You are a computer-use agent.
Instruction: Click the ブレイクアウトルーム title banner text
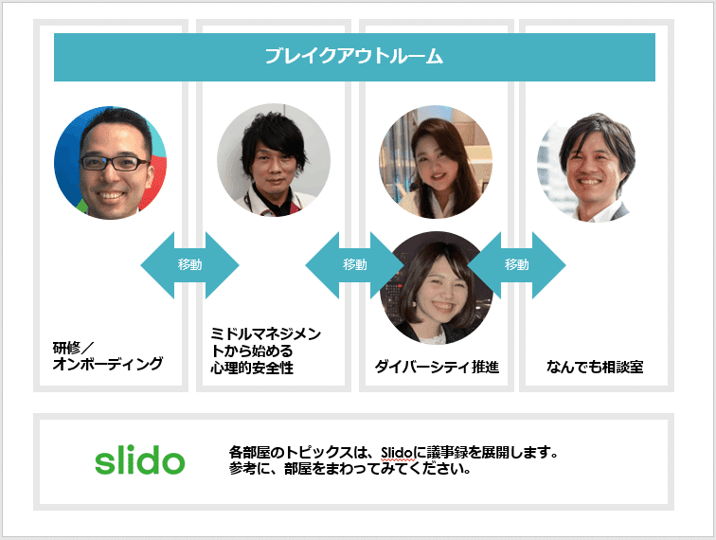coord(354,56)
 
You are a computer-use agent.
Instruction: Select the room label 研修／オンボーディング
coord(108,356)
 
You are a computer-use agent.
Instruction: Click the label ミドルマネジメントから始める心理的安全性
coord(266,351)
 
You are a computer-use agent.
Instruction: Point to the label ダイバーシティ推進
coord(437,367)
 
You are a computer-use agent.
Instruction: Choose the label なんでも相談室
coord(595,367)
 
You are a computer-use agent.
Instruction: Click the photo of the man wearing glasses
coord(111,163)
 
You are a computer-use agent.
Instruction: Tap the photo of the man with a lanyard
coord(274,160)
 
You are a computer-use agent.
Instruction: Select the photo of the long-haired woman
coord(436,162)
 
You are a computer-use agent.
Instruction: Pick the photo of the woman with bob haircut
coord(436,288)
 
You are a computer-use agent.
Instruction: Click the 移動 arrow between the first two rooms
coord(189,265)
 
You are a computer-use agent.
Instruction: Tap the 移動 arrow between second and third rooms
coord(355,265)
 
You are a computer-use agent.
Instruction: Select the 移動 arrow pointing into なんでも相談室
coord(516,265)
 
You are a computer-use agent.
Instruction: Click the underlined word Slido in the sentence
coord(397,453)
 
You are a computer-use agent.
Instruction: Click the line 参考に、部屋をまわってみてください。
coord(349,469)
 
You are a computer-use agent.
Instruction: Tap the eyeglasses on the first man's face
coord(115,163)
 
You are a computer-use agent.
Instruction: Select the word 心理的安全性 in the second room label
coord(252,368)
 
